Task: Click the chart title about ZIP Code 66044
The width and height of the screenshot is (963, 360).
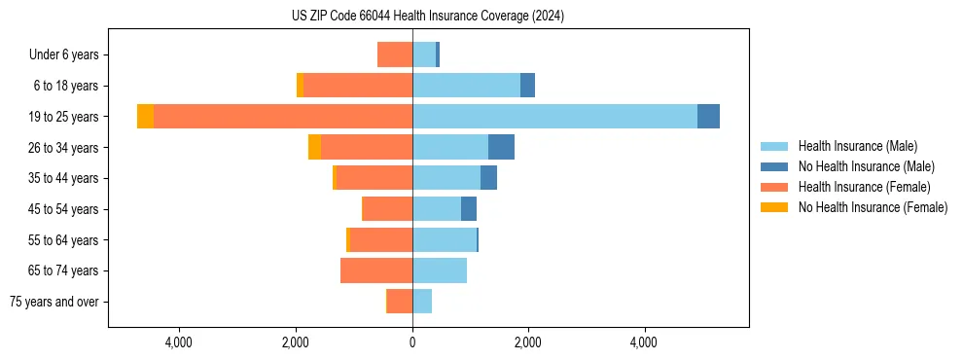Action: (427, 17)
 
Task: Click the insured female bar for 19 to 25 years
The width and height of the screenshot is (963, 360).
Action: (283, 116)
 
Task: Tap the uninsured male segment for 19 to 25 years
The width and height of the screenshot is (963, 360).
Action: (708, 116)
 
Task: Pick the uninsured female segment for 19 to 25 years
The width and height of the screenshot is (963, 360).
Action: (145, 116)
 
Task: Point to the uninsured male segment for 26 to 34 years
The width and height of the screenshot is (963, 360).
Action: (501, 147)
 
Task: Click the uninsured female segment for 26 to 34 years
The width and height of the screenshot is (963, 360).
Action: (314, 147)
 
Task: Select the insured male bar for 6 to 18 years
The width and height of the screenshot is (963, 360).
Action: (466, 86)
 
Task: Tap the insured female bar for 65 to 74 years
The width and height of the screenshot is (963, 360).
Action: (376, 270)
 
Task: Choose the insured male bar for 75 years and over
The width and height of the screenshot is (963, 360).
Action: (422, 302)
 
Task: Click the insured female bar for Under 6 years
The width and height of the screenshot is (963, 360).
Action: (395, 54)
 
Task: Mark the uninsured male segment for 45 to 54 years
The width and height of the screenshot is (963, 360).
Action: (469, 208)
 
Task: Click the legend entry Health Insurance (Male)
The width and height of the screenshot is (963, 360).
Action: (857, 146)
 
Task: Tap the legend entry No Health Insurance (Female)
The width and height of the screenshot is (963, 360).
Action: (873, 207)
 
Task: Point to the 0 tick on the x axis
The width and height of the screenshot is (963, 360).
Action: (412, 342)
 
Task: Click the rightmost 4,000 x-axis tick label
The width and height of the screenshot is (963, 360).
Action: (644, 342)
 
